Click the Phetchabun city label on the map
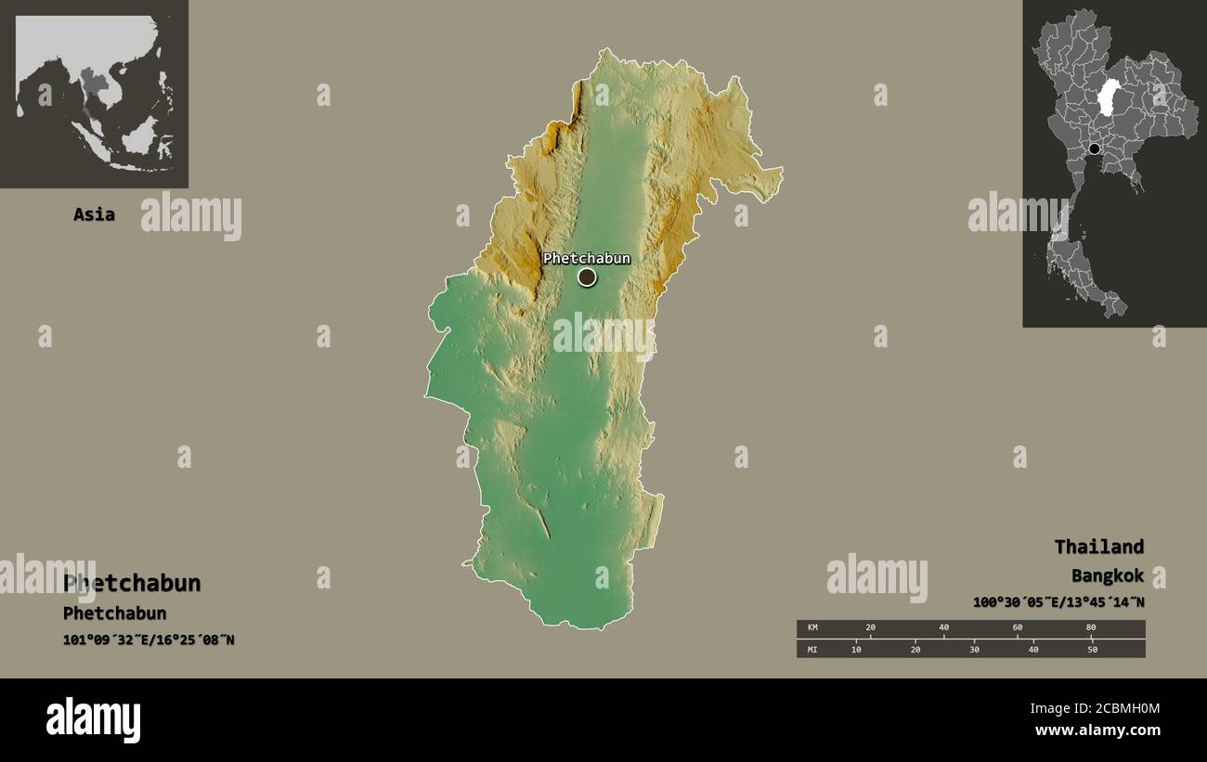(586, 259)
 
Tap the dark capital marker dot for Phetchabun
(587, 277)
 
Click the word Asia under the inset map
(94, 214)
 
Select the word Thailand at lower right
(1098, 547)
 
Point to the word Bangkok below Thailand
(1107, 575)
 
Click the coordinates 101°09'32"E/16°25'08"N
(149, 639)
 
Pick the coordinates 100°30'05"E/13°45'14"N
(1058, 602)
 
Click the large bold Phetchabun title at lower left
(132, 584)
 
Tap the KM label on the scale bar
(812, 628)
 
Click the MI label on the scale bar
(812, 649)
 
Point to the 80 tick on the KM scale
(1091, 628)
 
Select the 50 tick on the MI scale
(1092, 649)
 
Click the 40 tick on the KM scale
(943, 628)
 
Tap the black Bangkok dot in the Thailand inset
(1095, 149)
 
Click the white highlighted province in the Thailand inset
(1108, 97)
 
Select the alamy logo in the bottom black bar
(94, 720)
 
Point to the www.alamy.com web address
(1097, 730)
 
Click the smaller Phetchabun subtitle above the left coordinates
(114, 613)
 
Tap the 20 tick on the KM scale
(870, 628)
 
